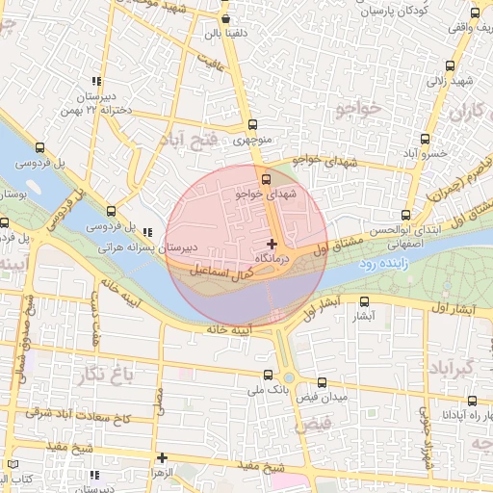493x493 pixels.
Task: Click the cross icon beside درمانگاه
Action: (x=272, y=244)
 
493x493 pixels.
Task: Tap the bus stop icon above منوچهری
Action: (x=253, y=124)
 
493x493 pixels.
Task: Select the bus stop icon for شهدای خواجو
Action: (x=267, y=178)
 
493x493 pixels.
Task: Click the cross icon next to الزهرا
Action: (x=162, y=458)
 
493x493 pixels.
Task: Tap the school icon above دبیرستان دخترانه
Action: (x=95, y=82)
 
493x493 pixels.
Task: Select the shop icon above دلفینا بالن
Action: (x=224, y=17)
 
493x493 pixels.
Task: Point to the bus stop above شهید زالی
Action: (x=452, y=66)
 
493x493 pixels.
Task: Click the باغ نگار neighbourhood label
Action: (x=133, y=371)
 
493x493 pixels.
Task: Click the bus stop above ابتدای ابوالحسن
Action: (x=405, y=215)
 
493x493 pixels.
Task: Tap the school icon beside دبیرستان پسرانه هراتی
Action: (x=147, y=232)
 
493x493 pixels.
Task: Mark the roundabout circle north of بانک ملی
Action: (x=288, y=378)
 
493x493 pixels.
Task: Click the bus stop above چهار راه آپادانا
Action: (x=471, y=401)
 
